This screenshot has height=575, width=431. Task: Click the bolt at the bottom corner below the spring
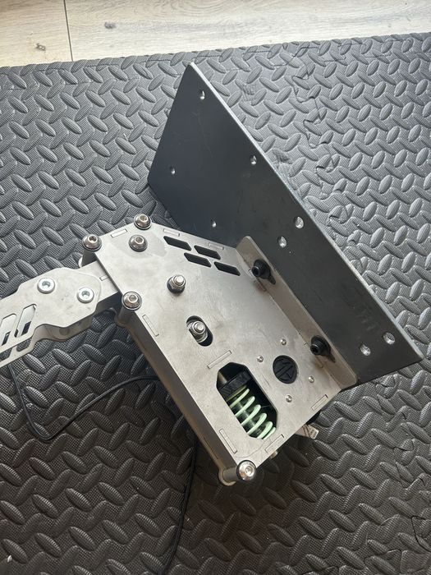(245, 471)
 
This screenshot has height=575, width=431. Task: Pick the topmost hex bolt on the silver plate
(142, 221)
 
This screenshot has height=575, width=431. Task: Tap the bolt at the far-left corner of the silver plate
(91, 242)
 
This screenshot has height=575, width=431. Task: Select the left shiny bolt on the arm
(47, 285)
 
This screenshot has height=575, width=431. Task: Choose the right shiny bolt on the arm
(85, 294)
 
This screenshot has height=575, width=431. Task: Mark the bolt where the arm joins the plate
(131, 301)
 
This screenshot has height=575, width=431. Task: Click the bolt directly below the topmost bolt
(138, 243)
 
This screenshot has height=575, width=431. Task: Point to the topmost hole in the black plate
(202, 95)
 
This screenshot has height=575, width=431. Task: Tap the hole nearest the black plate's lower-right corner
(387, 338)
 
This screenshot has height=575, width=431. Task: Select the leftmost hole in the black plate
(172, 171)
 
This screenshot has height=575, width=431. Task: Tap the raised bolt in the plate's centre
(176, 283)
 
